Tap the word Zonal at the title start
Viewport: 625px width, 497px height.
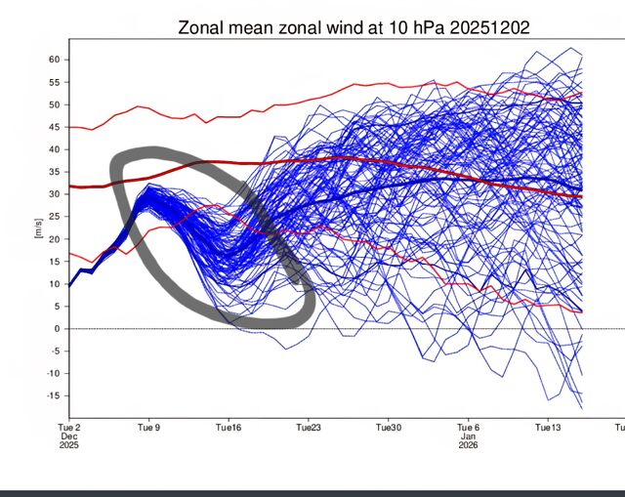tap(202, 27)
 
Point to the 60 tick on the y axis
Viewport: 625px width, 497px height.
tap(55, 60)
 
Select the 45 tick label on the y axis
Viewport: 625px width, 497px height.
tap(55, 127)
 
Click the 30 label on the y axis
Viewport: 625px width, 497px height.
tap(55, 194)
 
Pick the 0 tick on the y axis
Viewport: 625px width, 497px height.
tap(58, 329)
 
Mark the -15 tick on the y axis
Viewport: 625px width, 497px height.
tap(53, 395)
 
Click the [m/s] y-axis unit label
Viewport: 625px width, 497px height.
tap(38, 228)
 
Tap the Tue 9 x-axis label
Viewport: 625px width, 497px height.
tap(147, 427)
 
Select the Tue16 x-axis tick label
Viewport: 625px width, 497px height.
tap(228, 427)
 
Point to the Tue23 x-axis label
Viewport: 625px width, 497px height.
tap(308, 427)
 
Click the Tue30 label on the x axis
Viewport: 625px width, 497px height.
tap(388, 427)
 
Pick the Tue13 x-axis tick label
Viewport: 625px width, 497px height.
tap(548, 427)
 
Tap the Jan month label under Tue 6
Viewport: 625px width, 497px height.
tap(468, 436)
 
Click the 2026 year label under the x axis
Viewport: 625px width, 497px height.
tap(468, 446)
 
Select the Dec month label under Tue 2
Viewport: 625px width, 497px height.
tap(67, 436)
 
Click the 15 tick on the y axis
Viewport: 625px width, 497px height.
tap(55, 262)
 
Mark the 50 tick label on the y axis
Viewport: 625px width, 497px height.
tap(55, 104)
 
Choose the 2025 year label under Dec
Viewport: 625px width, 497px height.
tap(67, 446)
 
